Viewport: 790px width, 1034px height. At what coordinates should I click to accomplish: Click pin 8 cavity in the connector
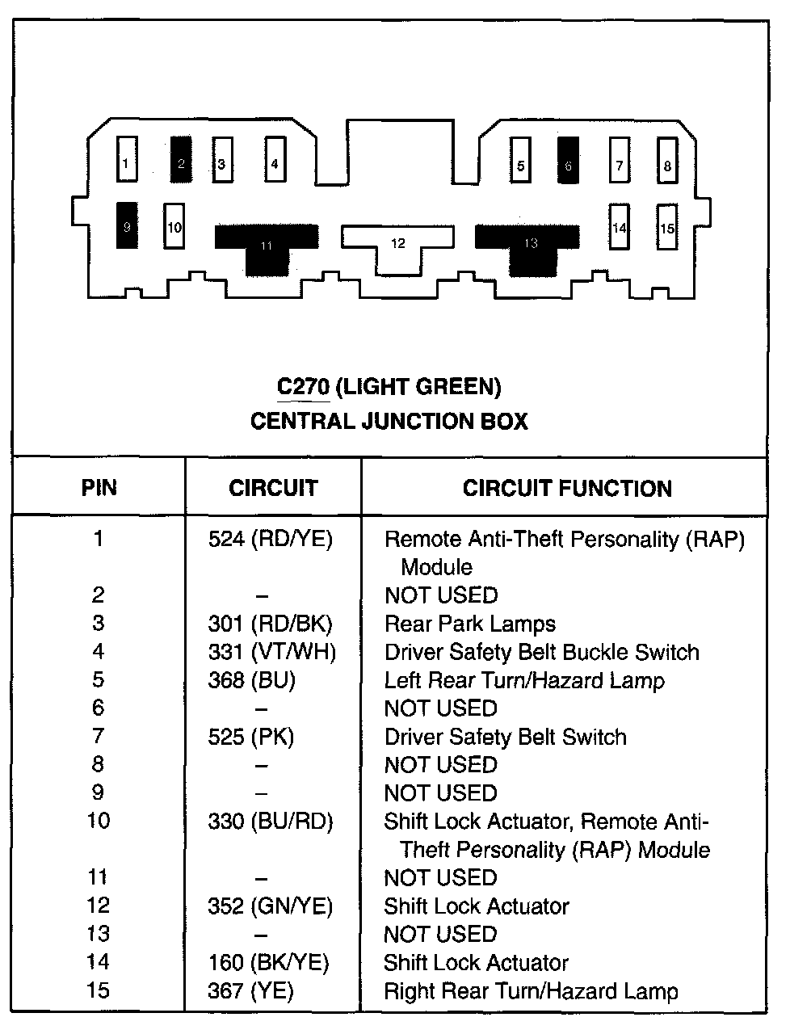(666, 162)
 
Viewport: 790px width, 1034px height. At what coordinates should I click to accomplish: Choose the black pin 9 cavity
(126, 225)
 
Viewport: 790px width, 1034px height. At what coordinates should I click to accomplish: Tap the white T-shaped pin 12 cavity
(397, 242)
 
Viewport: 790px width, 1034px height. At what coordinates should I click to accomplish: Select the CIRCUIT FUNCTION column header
(567, 488)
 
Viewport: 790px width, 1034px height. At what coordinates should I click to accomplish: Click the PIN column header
(99, 488)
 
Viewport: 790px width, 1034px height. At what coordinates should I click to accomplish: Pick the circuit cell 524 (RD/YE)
(271, 539)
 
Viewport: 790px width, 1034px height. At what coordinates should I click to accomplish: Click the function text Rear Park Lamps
(470, 624)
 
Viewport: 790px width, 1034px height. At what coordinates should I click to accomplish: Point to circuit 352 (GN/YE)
(271, 906)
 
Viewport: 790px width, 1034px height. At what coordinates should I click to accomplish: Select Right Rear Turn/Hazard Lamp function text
(531, 991)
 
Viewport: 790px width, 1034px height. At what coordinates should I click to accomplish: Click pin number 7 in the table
(99, 737)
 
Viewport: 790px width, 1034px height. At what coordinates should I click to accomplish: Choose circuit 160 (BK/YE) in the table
(269, 963)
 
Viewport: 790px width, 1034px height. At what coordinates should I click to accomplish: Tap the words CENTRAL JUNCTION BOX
(389, 421)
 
